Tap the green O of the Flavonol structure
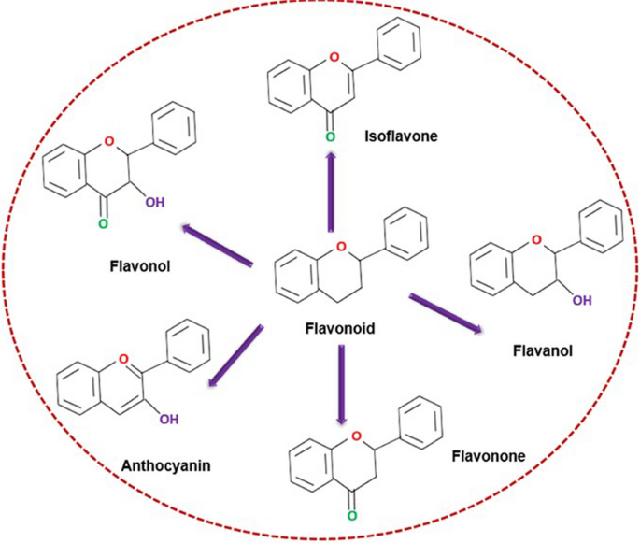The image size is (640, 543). (x=104, y=224)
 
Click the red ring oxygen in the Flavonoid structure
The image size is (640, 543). (x=341, y=247)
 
